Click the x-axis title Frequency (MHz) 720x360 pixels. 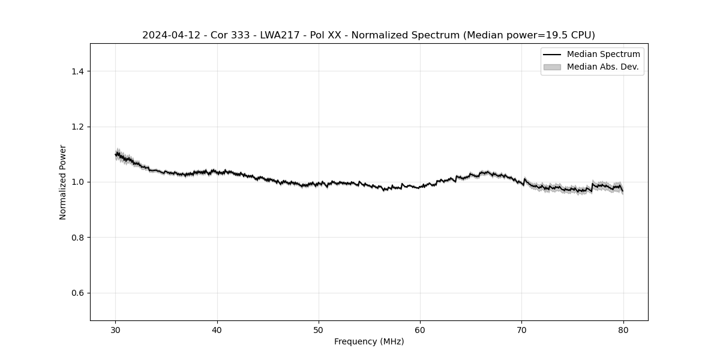click(x=369, y=341)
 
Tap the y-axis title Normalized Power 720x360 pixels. click(x=63, y=182)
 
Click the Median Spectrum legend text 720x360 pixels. click(x=603, y=55)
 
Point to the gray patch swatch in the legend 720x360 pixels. click(x=552, y=67)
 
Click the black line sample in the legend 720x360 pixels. click(x=552, y=55)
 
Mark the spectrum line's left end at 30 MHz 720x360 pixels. click(x=116, y=155)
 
